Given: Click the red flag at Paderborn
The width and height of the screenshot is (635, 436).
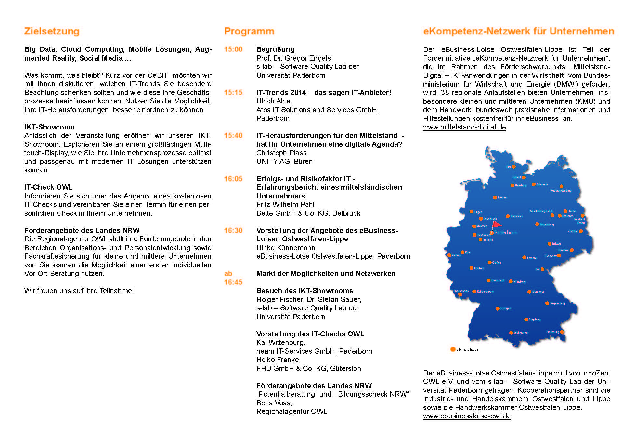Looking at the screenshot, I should [x=497, y=225].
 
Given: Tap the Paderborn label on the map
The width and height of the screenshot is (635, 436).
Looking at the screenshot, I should [x=505, y=233].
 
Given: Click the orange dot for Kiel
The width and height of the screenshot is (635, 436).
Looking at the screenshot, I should [x=514, y=167].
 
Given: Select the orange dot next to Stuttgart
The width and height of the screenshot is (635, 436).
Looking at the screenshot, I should [x=498, y=309].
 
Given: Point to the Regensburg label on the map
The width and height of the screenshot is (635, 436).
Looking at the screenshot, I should [x=558, y=303].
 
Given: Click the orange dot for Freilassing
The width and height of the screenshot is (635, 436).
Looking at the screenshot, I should [x=562, y=332].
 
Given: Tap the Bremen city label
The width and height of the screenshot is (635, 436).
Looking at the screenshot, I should [x=502, y=198].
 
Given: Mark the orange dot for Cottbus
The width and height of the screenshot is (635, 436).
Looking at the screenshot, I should [x=581, y=231].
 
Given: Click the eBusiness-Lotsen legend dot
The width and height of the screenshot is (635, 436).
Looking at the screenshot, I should [x=453, y=349].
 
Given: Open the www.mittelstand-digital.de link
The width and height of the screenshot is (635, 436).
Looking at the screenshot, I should [x=464, y=127].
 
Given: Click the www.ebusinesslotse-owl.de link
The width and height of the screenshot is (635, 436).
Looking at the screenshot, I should [x=467, y=416].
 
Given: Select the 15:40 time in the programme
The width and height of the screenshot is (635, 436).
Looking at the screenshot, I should [x=233, y=136].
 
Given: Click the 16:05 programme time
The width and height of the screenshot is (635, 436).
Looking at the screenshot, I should [x=233, y=179].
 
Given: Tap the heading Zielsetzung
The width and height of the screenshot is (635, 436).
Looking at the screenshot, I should [x=52, y=32].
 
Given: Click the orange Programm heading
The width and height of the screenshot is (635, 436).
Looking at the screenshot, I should [x=249, y=32].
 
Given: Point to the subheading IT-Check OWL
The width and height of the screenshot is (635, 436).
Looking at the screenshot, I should [x=48, y=187].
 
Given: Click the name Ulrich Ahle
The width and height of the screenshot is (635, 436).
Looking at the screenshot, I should [x=274, y=101].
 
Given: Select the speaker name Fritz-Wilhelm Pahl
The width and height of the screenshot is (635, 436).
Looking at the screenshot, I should [x=285, y=205].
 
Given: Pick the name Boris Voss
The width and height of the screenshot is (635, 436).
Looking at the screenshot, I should [x=274, y=403].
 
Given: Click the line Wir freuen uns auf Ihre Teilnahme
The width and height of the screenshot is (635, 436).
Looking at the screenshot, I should [x=79, y=291].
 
